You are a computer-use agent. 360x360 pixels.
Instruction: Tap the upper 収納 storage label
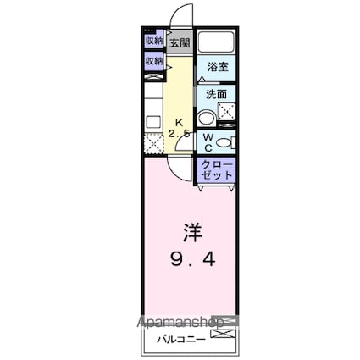(153, 41)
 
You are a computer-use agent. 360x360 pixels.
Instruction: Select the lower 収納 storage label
(153, 61)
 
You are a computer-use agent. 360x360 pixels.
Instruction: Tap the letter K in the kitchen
(180, 121)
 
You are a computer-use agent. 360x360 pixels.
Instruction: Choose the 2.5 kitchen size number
(178, 135)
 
